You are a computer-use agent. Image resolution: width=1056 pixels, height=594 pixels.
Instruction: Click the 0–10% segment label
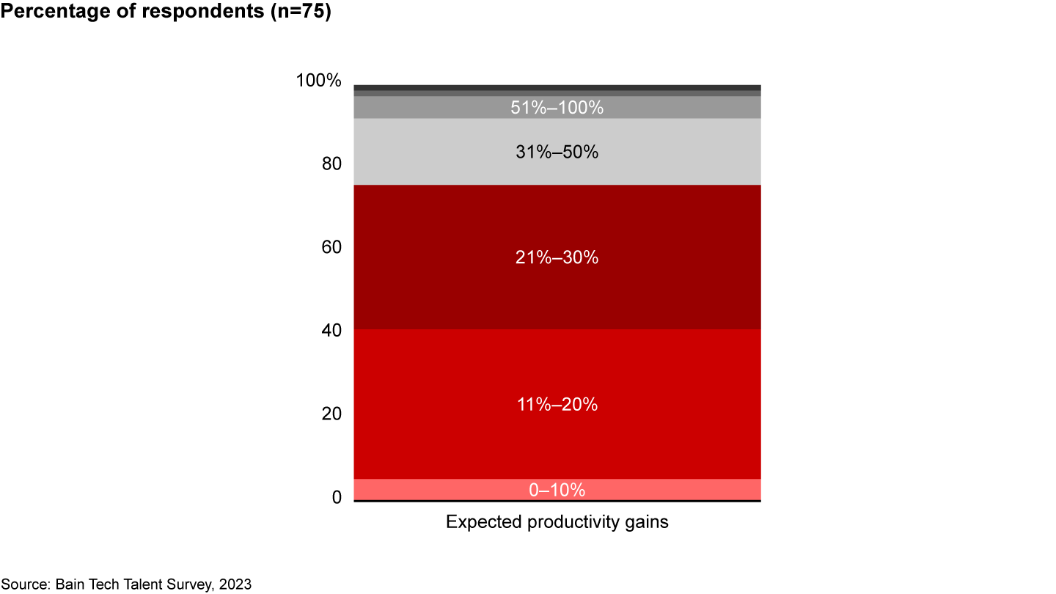pos(557,490)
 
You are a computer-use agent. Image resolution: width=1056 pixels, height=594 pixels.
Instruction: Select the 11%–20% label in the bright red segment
pos(557,404)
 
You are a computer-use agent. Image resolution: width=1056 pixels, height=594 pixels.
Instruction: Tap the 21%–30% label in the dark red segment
pos(557,258)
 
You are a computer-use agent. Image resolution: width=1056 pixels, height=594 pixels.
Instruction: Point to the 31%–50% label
pos(557,153)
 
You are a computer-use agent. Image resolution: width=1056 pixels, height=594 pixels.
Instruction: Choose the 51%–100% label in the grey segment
pos(557,108)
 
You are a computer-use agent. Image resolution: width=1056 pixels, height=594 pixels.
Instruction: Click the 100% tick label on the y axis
pos(318,81)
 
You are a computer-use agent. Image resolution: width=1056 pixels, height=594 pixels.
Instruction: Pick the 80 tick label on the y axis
pos(331,164)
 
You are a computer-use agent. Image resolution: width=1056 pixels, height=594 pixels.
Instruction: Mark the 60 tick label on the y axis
pos(331,248)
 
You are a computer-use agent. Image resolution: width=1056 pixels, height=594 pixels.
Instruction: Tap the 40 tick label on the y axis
pos(331,331)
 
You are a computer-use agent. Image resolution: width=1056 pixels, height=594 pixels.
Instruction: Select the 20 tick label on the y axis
pos(331,414)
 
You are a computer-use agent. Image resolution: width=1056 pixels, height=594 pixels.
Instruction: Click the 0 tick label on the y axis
pos(337,498)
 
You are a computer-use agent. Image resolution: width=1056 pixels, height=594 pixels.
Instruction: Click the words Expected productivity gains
pos(557,523)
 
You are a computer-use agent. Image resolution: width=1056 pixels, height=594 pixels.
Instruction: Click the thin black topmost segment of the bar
pos(557,87)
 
